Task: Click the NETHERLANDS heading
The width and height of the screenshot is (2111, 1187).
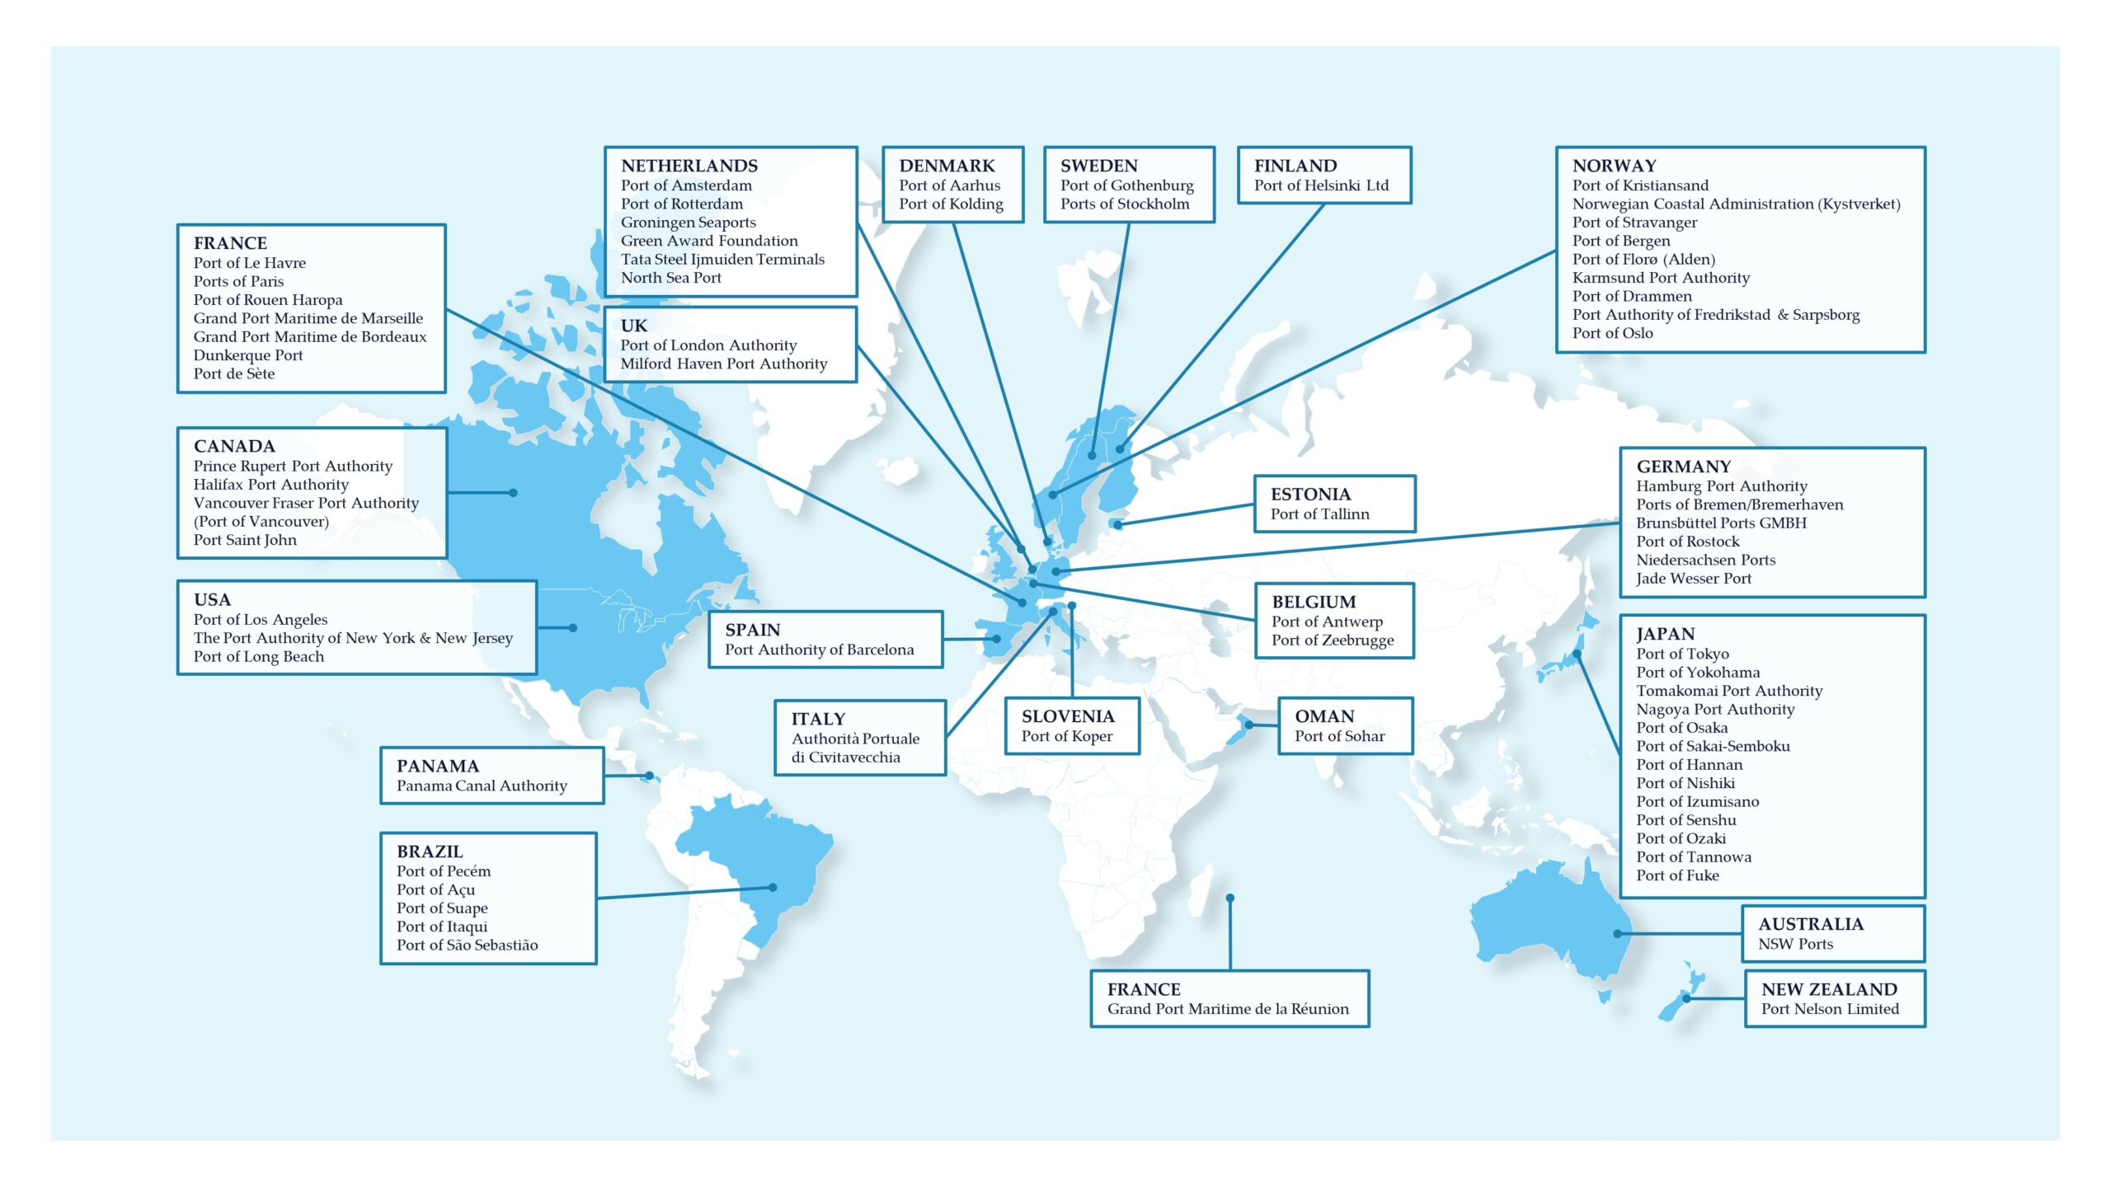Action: click(689, 166)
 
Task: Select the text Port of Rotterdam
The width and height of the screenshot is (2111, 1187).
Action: click(681, 204)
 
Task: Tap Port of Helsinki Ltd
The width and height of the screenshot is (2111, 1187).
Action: click(1321, 185)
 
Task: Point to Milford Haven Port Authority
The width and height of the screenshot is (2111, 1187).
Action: click(723, 364)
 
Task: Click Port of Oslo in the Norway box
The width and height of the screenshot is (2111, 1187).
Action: click(1612, 333)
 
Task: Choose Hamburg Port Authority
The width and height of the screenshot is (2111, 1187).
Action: click(1721, 486)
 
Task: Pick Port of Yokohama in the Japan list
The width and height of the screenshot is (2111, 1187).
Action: click(1697, 673)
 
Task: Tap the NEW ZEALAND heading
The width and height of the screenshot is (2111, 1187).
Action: click(1829, 989)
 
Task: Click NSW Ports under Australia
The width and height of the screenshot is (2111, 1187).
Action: click(1795, 944)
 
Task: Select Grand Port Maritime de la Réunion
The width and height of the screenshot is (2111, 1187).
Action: click(1227, 1009)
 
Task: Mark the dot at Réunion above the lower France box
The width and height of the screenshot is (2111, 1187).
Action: click(1229, 898)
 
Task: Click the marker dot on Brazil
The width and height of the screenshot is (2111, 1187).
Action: click(773, 888)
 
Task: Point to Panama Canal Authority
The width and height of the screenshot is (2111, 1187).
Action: click(482, 786)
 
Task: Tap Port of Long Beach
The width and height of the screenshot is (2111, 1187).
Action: click(258, 657)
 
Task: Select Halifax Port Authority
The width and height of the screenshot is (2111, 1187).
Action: click(270, 485)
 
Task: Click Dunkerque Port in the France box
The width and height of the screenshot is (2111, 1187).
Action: click(247, 355)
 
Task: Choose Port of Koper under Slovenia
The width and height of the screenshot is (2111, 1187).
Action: click(1066, 736)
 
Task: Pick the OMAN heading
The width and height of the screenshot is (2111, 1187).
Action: click(1323, 716)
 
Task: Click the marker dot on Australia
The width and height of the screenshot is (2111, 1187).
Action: click(1618, 934)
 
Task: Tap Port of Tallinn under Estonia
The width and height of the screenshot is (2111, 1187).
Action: click(1319, 514)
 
